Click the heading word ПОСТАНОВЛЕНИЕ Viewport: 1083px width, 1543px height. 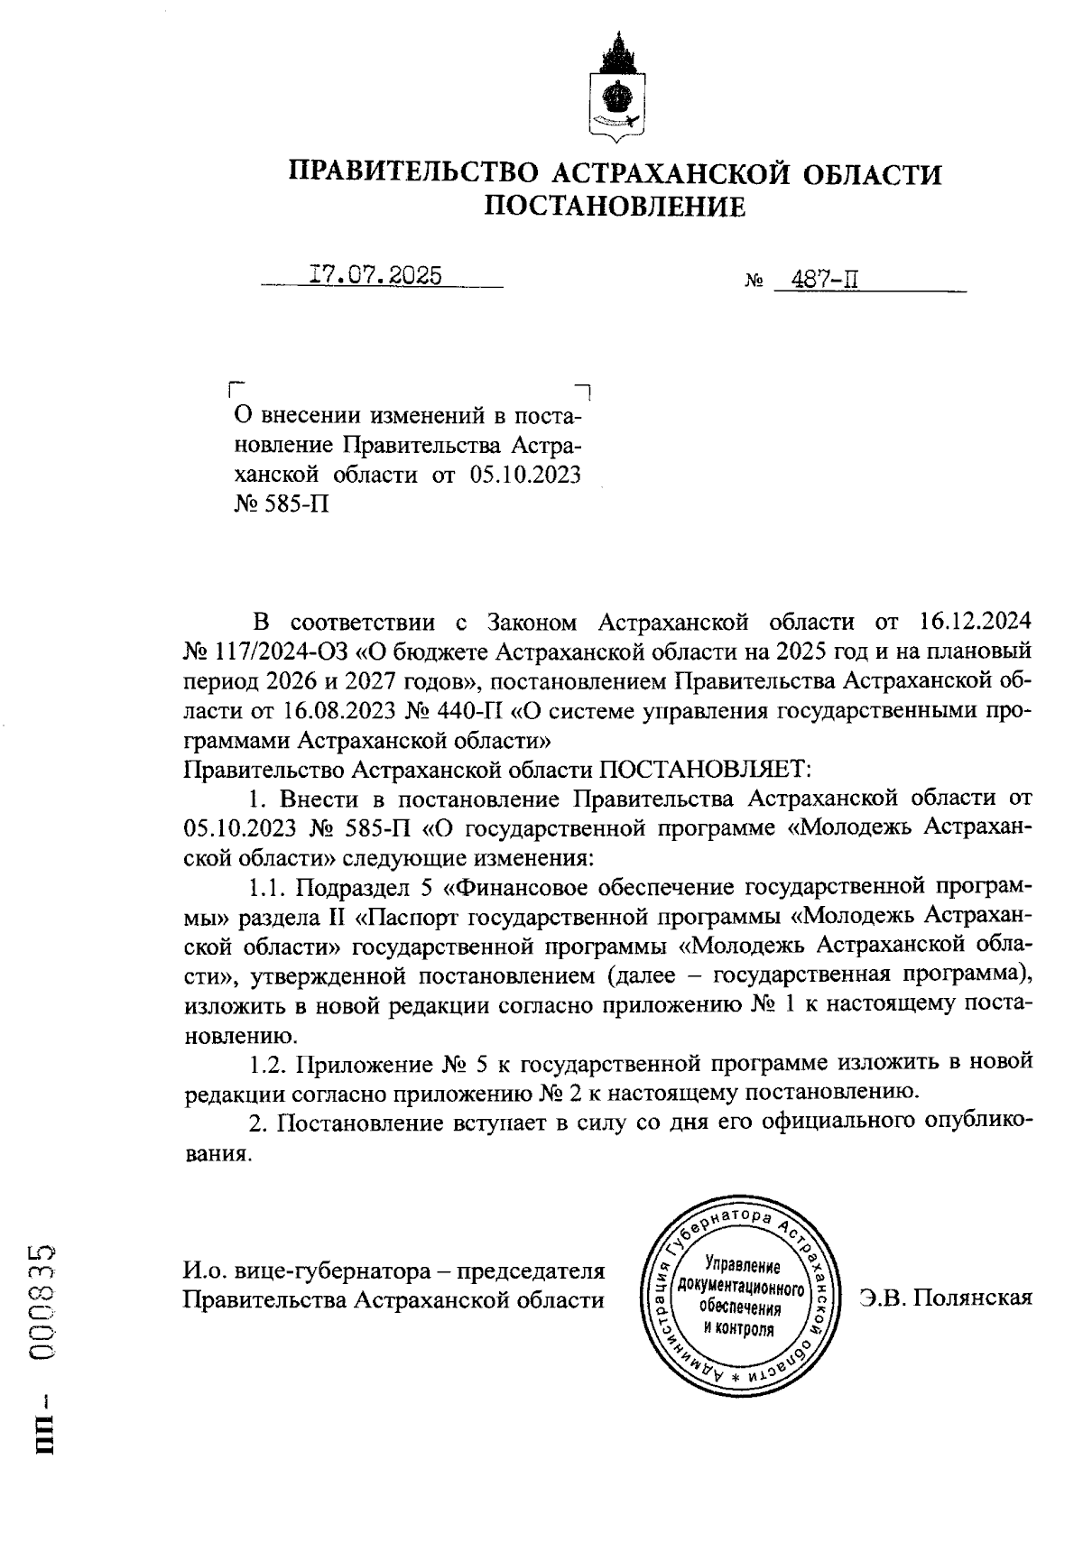tap(616, 208)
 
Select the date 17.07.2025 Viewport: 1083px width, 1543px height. tap(375, 274)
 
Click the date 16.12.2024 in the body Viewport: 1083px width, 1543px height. tap(975, 622)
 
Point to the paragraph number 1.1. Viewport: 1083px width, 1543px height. tap(267, 888)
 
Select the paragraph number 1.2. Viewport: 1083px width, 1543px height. tap(267, 1064)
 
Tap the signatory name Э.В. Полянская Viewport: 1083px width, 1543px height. tap(946, 1298)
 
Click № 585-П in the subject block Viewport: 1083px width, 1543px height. tap(281, 504)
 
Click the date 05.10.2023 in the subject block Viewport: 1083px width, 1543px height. tap(524, 475)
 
